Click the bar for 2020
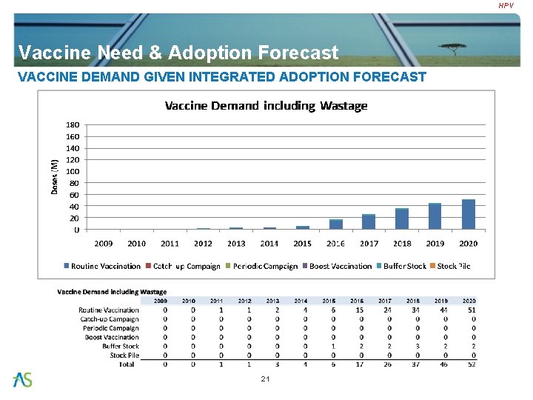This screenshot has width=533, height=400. pyautogui.click(x=468, y=214)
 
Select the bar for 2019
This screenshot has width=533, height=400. pyautogui.click(x=435, y=216)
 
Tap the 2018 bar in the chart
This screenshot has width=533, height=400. pyautogui.click(x=402, y=219)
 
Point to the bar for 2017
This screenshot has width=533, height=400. pyautogui.click(x=369, y=221)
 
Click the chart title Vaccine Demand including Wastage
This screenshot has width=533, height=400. pyautogui.click(x=266, y=106)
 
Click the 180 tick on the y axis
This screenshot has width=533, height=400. pyautogui.click(x=73, y=124)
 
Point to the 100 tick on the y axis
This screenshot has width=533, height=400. pyautogui.click(x=73, y=171)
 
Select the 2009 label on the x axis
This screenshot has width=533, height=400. pyautogui.click(x=104, y=243)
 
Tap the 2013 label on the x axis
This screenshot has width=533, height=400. pyautogui.click(x=236, y=243)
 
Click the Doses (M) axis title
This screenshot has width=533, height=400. pyautogui.click(x=54, y=177)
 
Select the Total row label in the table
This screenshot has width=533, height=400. pyautogui.click(x=127, y=364)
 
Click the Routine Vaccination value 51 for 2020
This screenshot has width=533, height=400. pyautogui.click(x=472, y=310)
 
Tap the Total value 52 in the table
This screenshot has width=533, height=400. pyautogui.click(x=472, y=364)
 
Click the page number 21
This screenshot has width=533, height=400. pyautogui.click(x=266, y=379)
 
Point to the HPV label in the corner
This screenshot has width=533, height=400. pyautogui.click(x=506, y=6)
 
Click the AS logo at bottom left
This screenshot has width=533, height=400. pyautogui.click(x=22, y=380)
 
